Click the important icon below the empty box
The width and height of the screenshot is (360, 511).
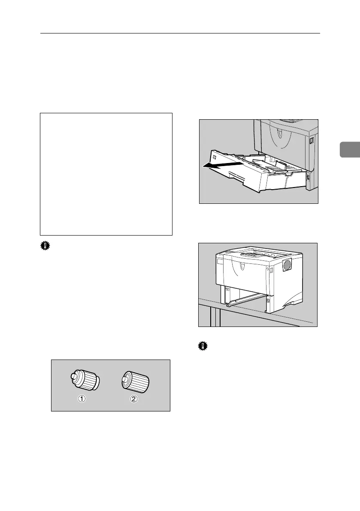44,246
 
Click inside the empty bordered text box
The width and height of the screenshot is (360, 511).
106,174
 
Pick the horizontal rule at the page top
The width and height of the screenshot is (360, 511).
180,33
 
